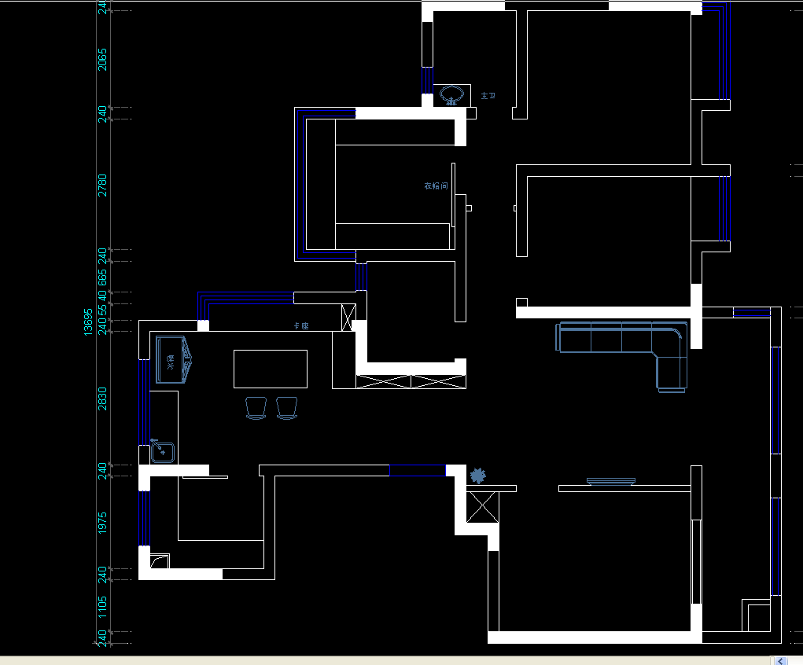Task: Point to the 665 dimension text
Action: click(x=102, y=277)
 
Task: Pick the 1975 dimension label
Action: click(x=102, y=523)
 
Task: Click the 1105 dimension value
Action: click(x=102, y=606)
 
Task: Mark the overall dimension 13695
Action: click(x=89, y=321)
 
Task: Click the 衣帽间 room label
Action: click(x=436, y=186)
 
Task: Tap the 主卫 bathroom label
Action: click(x=488, y=95)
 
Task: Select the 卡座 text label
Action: click(x=300, y=325)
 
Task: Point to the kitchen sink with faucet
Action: click(x=163, y=452)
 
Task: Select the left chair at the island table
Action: click(x=256, y=408)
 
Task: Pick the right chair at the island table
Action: click(x=287, y=408)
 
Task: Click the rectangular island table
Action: click(x=271, y=369)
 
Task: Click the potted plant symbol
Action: click(x=477, y=476)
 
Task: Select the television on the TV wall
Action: click(x=610, y=480)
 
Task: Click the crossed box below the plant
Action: click(x=482, y=507)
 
